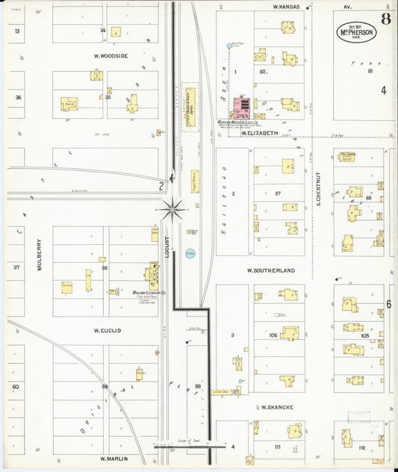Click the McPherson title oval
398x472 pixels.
click(x=355, y=34)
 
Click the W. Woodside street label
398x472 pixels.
click(x=111, y=56)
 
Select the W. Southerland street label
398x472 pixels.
click(x=272, y=270)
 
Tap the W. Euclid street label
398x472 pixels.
click(x=108, y=329)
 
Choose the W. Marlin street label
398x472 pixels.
click(x=114, y=459)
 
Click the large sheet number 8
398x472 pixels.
click(x=385, y=19)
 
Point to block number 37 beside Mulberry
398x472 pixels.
click(x=16, y=267)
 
